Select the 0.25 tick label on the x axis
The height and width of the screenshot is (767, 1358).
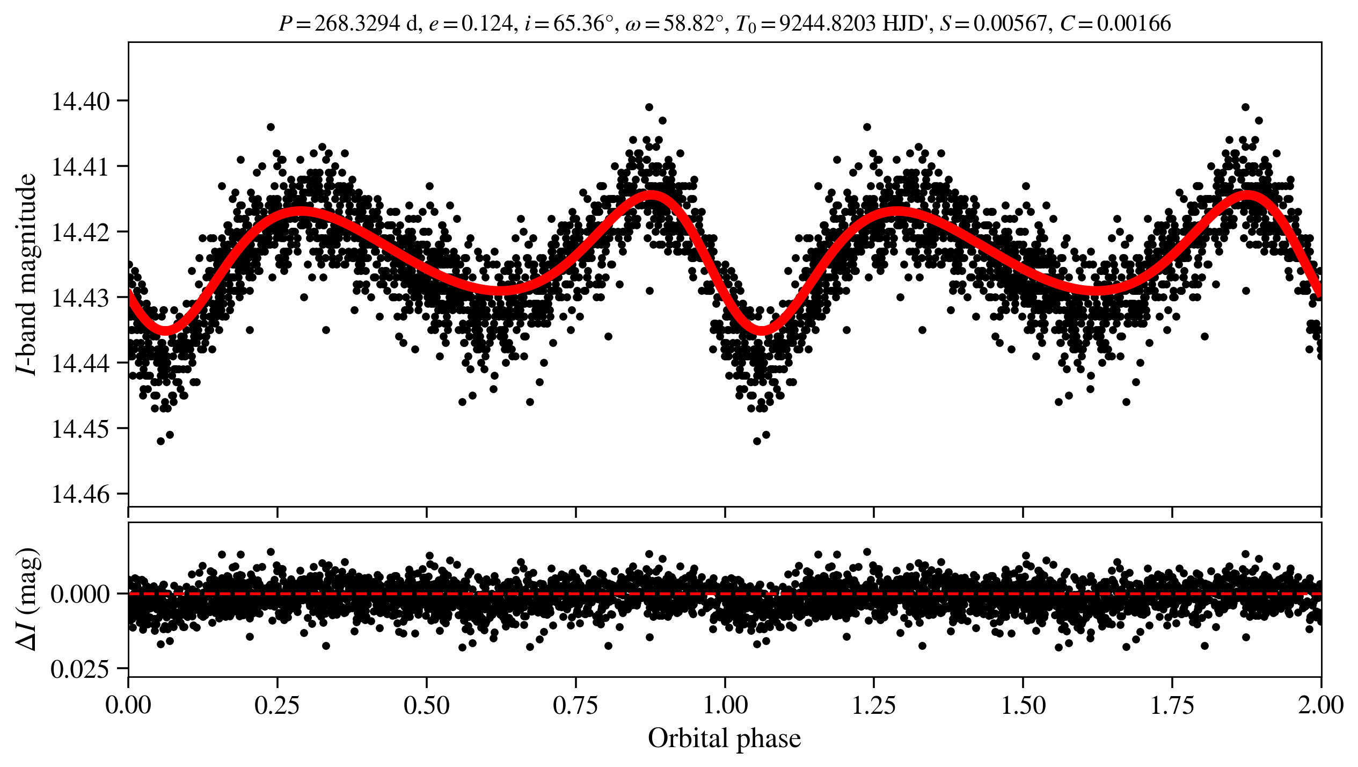[277, 705]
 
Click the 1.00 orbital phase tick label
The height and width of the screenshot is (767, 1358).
[725, 705]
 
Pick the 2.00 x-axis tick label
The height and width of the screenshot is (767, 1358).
[1320, 705]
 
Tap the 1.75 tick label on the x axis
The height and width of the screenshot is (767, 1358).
[1172, 705]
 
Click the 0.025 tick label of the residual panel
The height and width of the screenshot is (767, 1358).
[79, 669]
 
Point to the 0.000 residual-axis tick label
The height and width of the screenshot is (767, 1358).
[79, 595]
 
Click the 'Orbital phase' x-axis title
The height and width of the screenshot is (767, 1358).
[724, 739]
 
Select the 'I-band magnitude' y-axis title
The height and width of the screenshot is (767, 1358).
[27, 274]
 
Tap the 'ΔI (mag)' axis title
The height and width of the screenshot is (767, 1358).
[27, 599]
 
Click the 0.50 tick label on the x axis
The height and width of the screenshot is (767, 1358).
[426, 705]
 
